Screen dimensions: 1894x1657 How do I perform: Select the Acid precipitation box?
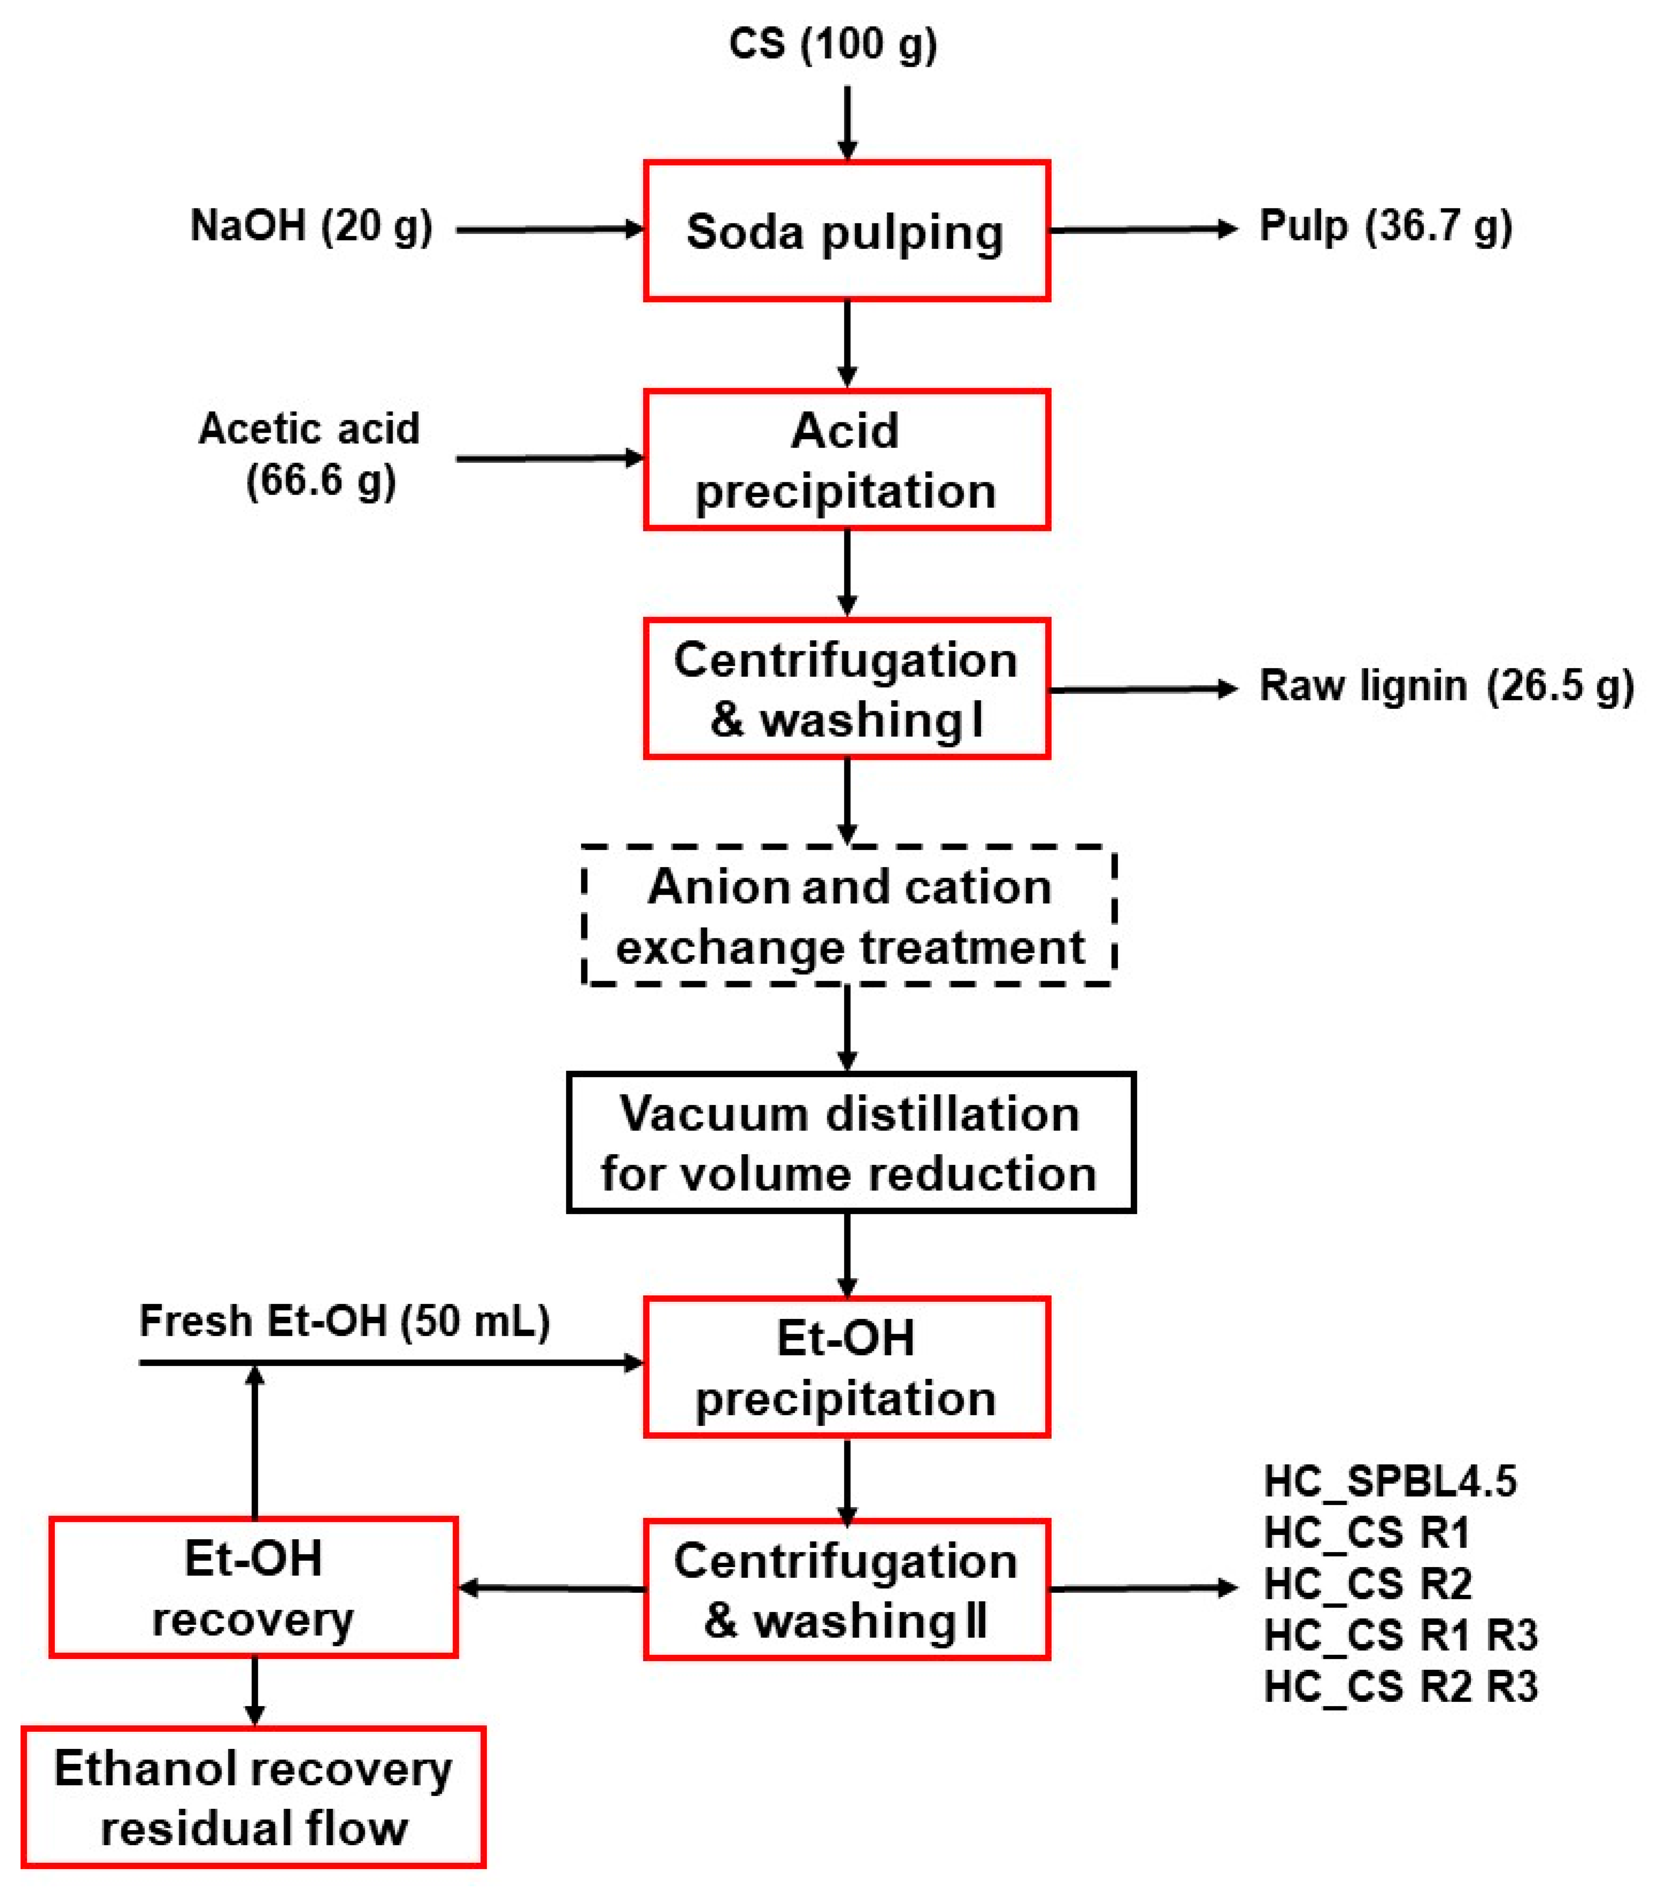(846, 459)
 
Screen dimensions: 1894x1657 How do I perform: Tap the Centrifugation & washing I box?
(846, 689)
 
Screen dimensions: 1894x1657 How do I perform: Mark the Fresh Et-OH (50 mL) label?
(344, 1321)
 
